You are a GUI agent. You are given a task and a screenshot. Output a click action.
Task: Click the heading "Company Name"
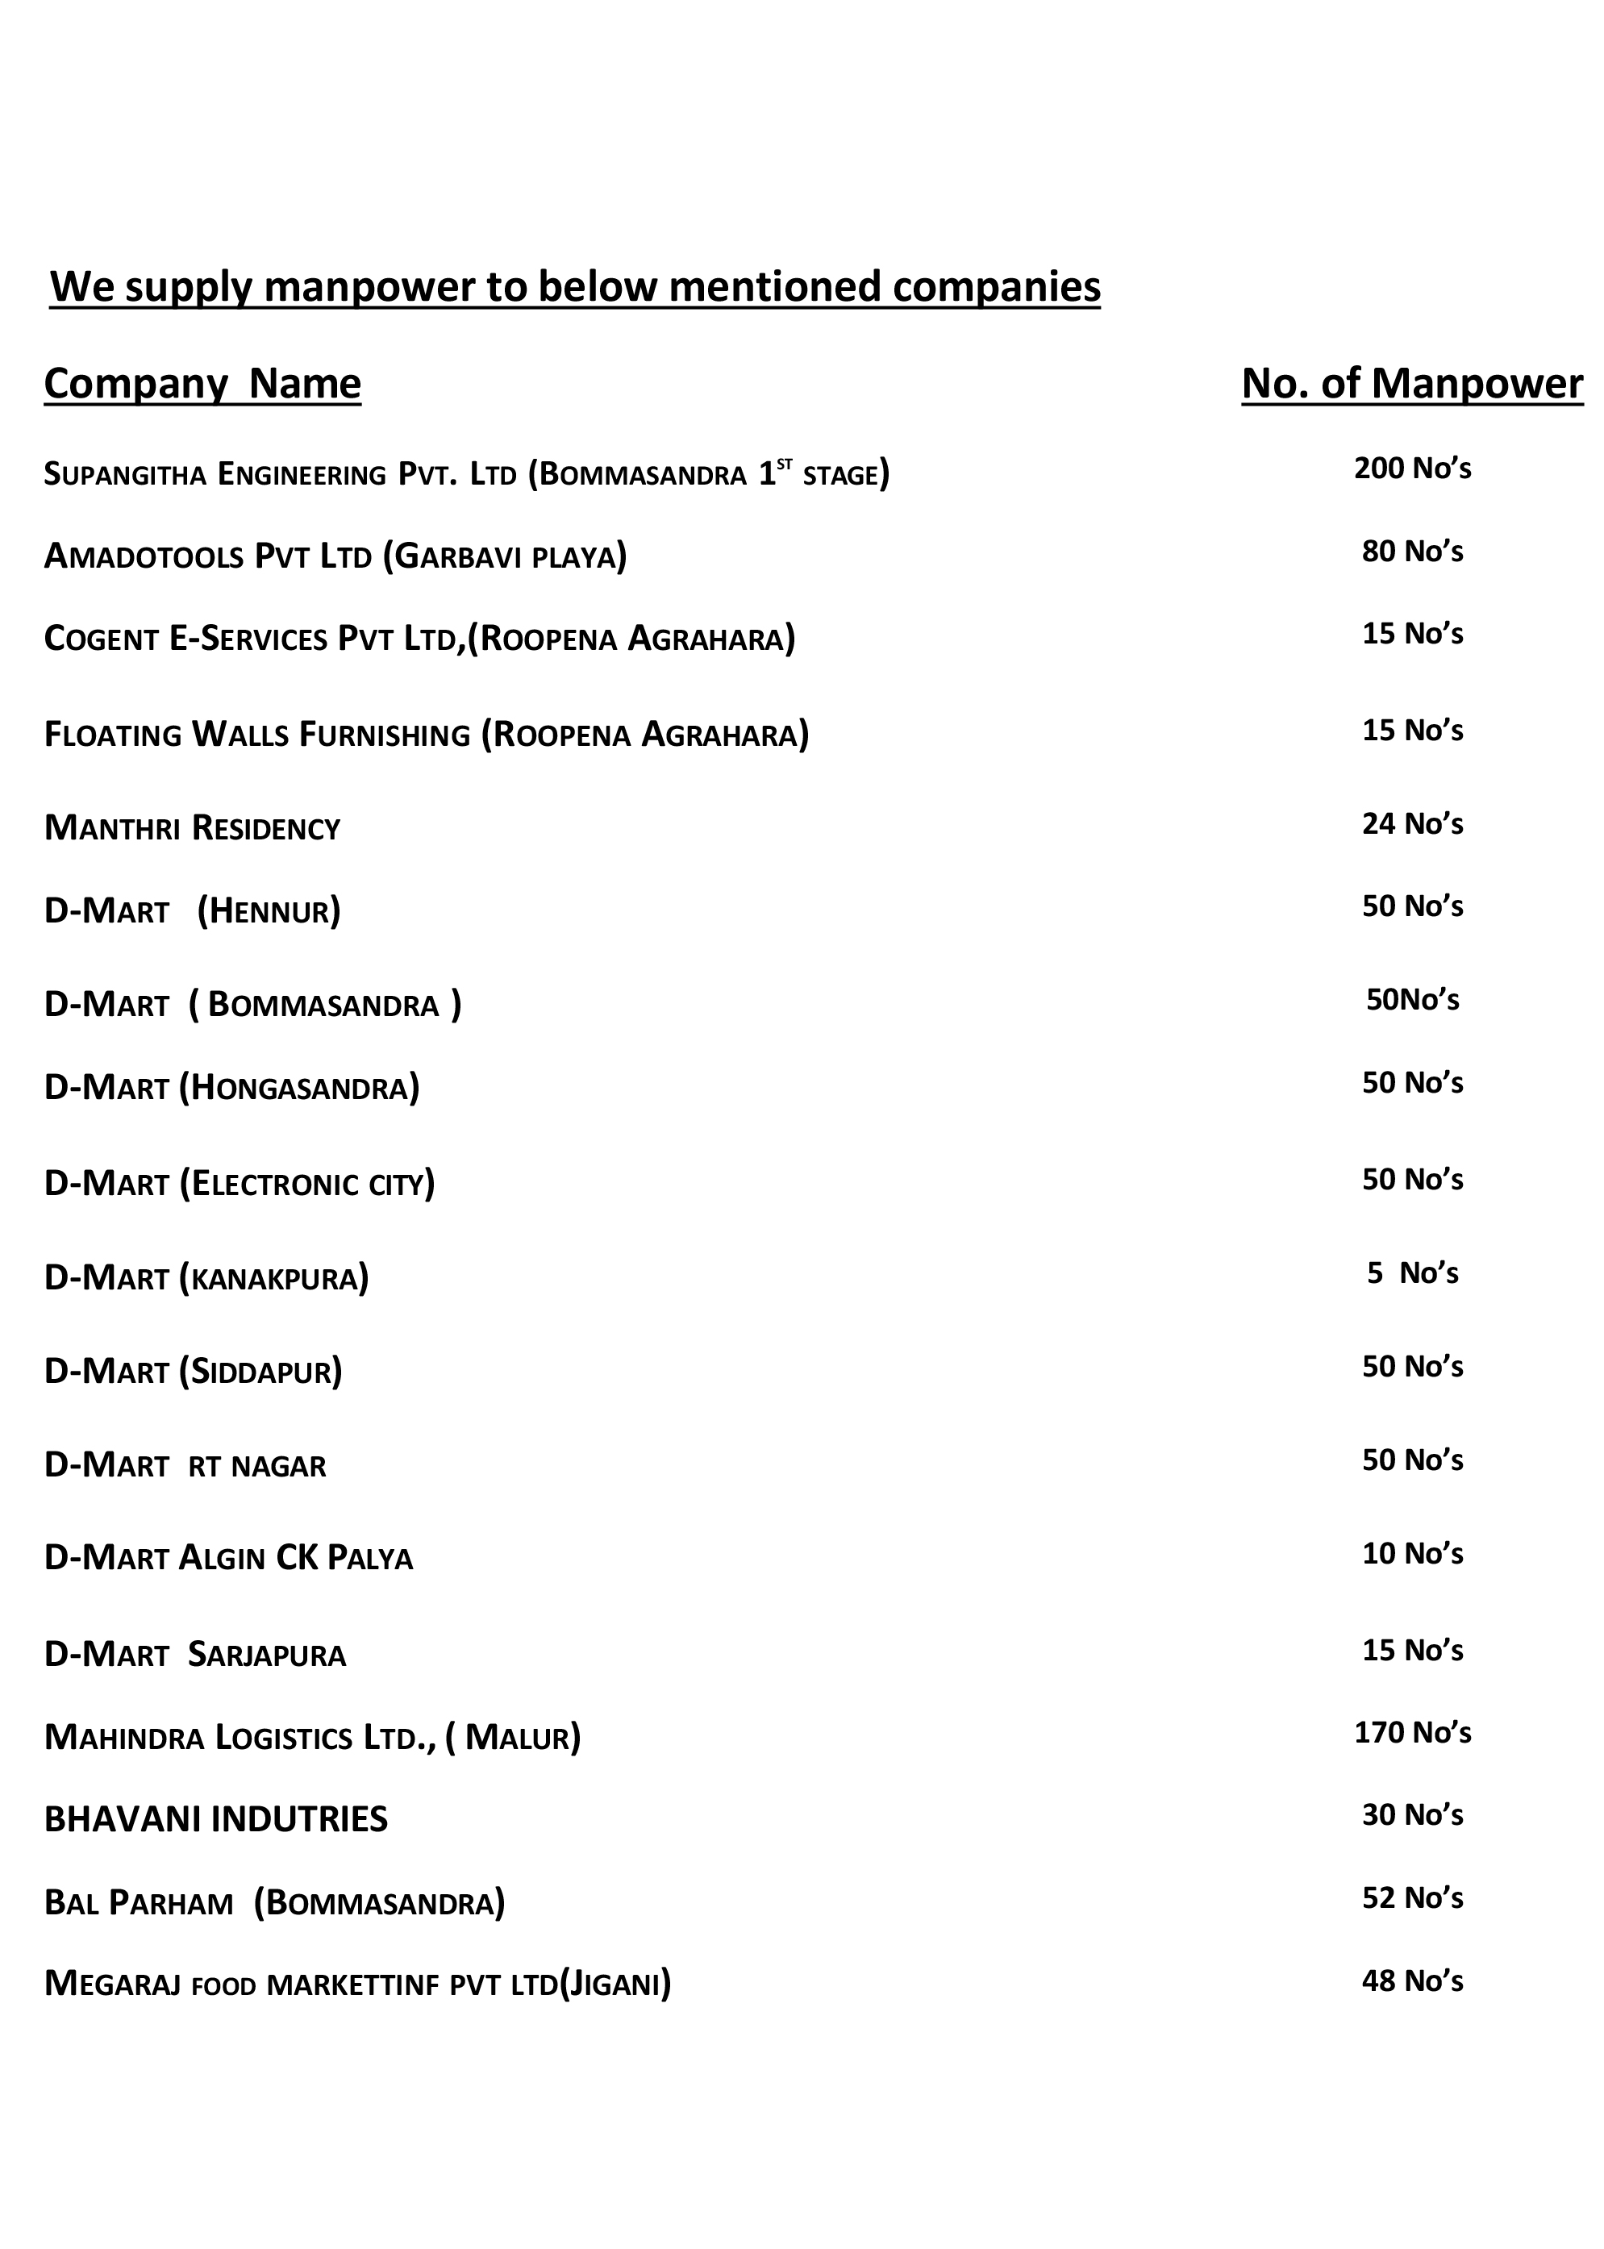click(202, 383)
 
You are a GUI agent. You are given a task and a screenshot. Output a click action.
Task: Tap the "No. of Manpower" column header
click(1411, 383)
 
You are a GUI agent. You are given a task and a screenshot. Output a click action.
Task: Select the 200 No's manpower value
click(1412, 469)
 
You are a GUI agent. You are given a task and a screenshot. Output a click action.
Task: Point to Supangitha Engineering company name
click(466, 474)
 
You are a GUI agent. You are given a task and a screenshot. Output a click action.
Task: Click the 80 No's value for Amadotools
click(1412, 551)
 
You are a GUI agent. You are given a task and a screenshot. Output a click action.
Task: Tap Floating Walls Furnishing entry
click(427, 735)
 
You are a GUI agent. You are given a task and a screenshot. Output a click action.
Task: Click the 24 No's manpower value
click(1412, 824)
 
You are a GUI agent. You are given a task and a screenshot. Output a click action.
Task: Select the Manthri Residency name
click(193, 827)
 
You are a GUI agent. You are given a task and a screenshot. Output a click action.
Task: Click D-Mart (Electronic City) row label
click(240, 1183)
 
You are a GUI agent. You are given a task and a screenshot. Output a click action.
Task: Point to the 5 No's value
click(1412, 1273)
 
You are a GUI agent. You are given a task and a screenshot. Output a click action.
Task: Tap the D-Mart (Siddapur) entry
click(194, 1371)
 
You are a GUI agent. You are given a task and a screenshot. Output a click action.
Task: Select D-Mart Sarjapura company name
click(196, 1655)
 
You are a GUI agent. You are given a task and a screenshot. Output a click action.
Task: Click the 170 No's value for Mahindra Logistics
click(1412, 1732)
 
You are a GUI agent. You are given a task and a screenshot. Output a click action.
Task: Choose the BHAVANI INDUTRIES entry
click(216, 1819)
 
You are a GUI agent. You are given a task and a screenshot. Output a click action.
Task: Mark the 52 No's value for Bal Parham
click(1412, 1897)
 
